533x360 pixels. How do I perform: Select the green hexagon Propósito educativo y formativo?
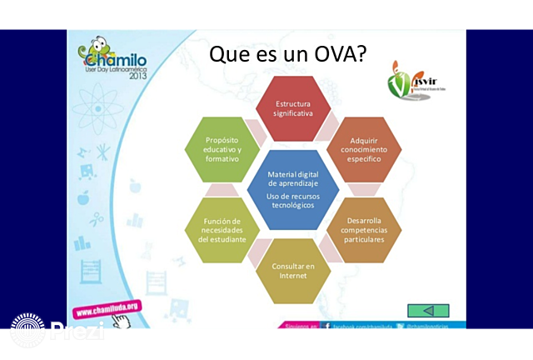coord(222,148)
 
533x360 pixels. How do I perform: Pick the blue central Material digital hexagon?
coord(291,189)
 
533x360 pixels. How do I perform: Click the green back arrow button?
coord(428,310)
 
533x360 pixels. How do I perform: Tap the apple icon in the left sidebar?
coord(83,198)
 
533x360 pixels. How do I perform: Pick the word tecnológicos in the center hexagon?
coord(291,204)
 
